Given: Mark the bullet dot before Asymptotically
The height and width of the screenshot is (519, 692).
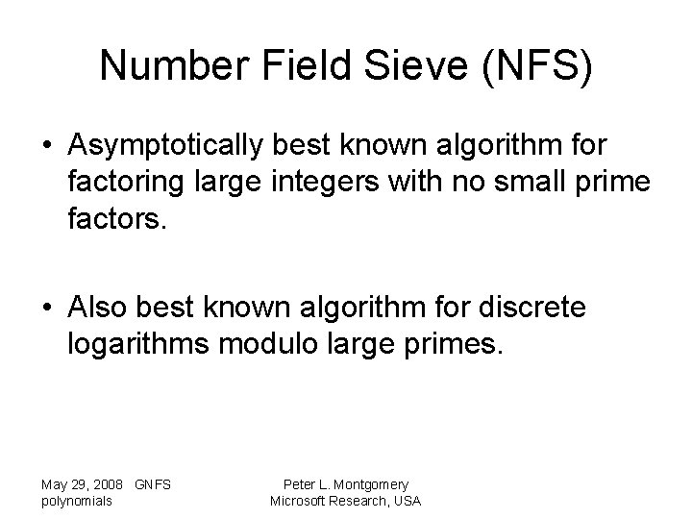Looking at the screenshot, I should [x=47, y=147].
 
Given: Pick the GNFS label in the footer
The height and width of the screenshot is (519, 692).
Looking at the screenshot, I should [x=154, y=484].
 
